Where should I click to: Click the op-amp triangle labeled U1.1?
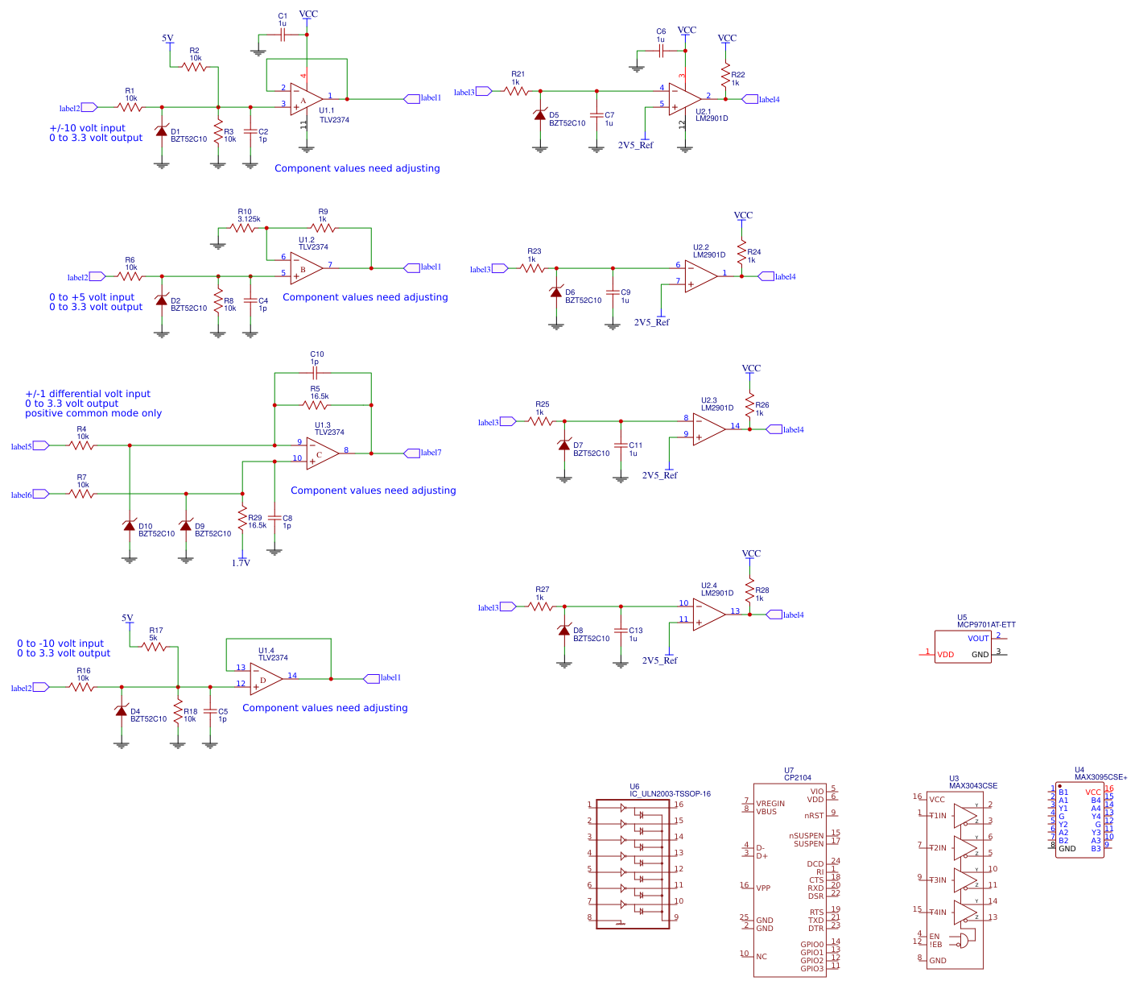point(305,99)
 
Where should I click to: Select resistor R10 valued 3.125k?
point(242,228)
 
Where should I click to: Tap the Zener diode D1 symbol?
point(162,131)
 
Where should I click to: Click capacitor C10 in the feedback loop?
point(315,373)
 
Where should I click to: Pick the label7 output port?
point(412,453)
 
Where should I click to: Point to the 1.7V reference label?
point(241,563)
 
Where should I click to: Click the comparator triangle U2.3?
point(708,428)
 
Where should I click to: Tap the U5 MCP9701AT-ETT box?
point(963,647)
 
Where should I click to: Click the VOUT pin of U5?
point(978,639)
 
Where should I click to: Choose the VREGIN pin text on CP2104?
point(770,804)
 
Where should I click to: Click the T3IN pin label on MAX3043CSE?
point(938,880)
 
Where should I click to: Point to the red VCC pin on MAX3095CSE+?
point(1092,793)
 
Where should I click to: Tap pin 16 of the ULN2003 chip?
point(679,805)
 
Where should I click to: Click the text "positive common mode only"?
point(93,413)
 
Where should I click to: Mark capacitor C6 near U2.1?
point(661,50)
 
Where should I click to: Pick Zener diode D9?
point(186,526)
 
